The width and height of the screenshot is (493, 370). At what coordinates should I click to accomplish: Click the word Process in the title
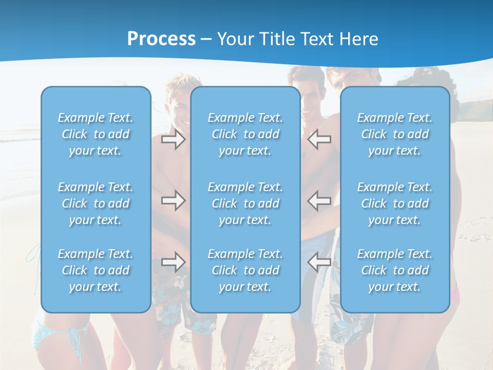[161, 39]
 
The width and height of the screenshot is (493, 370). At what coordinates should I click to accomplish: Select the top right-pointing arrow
[173, 139]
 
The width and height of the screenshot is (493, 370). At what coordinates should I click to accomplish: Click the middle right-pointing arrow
[173, 200]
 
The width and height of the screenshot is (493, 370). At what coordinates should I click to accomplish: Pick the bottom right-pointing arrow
[173, 262]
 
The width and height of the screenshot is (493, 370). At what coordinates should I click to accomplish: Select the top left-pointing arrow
[319, 139]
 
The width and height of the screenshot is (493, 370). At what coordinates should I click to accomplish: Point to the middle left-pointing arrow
[319, 200]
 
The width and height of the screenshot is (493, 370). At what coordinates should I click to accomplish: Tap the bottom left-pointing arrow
[319, 262]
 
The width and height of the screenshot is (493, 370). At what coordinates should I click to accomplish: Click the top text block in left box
[96, 134]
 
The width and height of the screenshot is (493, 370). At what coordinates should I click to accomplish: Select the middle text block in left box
[96, 203]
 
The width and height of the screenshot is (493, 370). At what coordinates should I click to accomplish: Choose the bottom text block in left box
[96, 270]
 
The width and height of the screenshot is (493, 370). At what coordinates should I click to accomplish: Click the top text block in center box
[245, 134]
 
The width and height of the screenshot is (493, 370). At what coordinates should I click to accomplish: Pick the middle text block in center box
[245, 203]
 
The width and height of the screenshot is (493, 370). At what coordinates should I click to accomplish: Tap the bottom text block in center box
[245, 270]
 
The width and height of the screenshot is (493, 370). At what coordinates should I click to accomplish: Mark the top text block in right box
[395, 134]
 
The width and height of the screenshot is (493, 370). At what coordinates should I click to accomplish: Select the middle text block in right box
[395, 203]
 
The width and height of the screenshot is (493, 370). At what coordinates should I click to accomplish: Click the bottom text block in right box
[395, 270]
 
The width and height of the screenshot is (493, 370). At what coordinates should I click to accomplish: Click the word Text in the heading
[315, 39]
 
